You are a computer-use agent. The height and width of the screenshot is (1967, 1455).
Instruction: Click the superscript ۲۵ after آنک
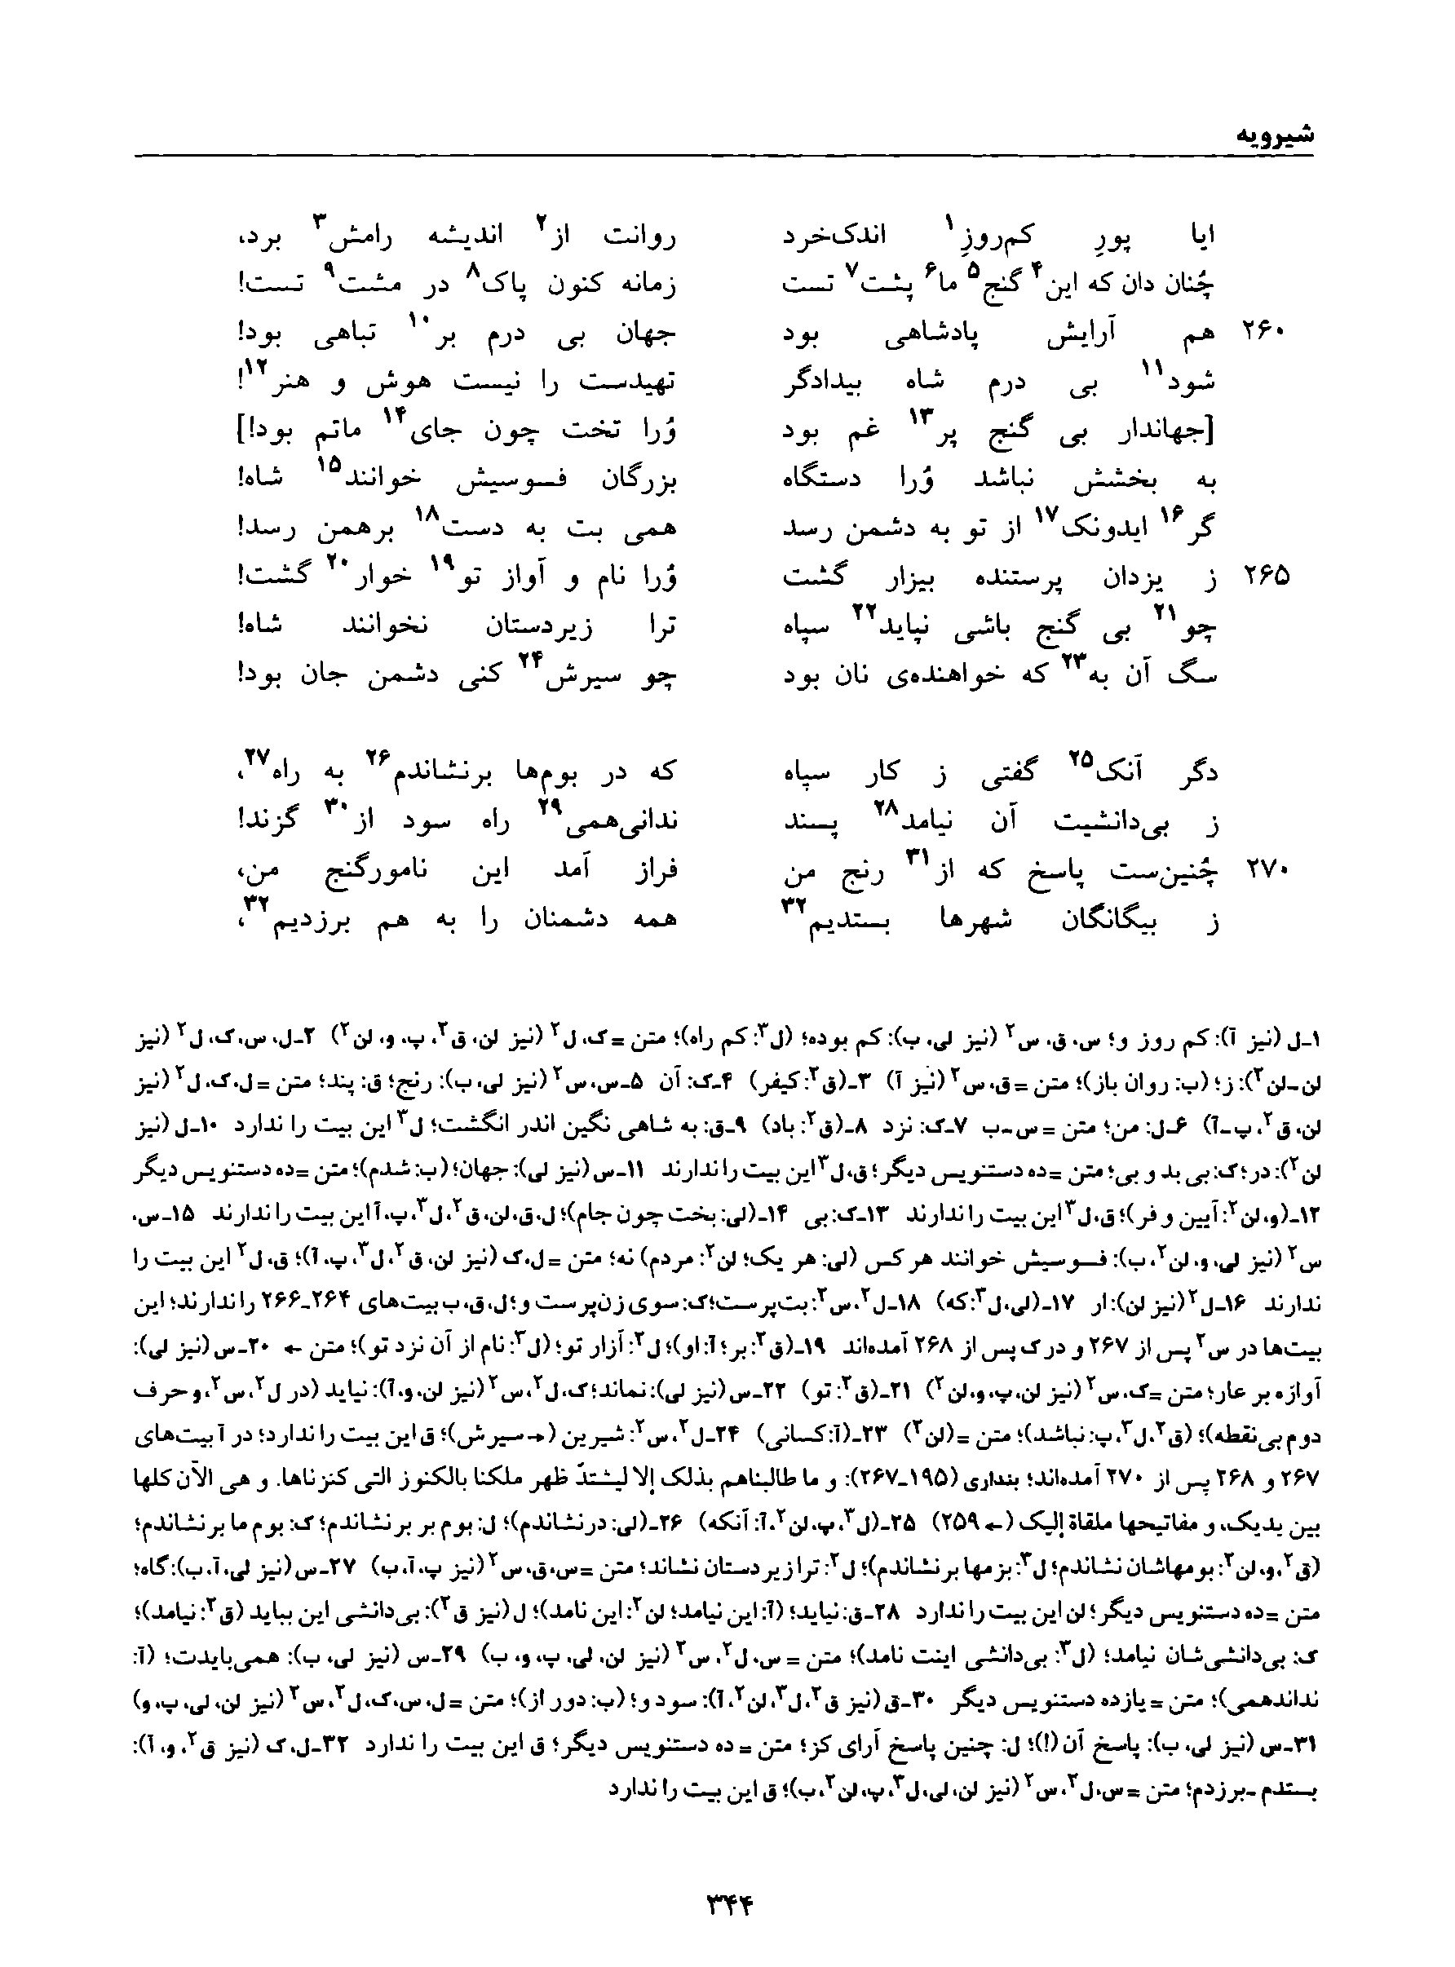coord(1081,758)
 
